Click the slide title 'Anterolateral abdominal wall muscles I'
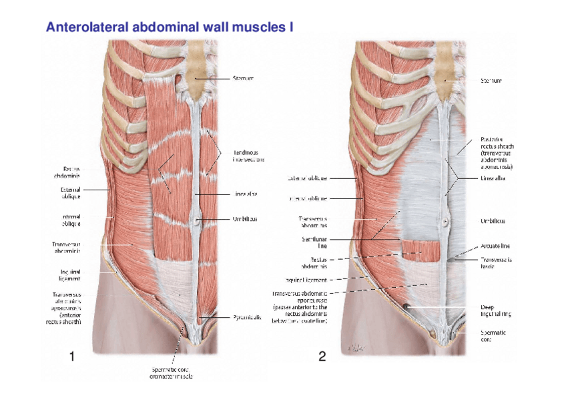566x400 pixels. [170, 27]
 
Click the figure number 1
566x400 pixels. [71, 357]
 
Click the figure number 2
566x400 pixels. [322, 357]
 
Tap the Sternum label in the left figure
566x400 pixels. [243, 78]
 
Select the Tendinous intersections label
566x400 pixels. [248, 156]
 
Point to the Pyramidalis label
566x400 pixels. [246, 317]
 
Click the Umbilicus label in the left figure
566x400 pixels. [245, 218]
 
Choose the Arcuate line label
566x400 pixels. [495, 246]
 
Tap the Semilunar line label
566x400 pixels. [314, 242]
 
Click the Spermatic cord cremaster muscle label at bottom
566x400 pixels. [171, 373]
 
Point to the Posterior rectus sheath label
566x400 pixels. [497, 153]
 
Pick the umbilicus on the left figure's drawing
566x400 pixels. [199, 218]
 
